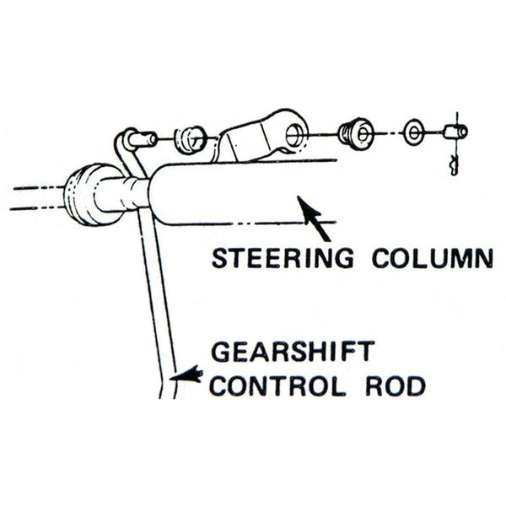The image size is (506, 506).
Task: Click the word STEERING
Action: [282, 257]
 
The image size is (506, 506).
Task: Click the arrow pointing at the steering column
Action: [314, 218]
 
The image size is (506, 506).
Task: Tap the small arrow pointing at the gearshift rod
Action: [187, 375]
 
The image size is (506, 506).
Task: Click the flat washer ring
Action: [413, 132]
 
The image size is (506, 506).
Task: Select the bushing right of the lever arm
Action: [356, 132]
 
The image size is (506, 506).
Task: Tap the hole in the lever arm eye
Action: [294, 132]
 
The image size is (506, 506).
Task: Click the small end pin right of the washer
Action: [455, 132]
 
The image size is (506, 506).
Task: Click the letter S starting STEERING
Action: [218, 257]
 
